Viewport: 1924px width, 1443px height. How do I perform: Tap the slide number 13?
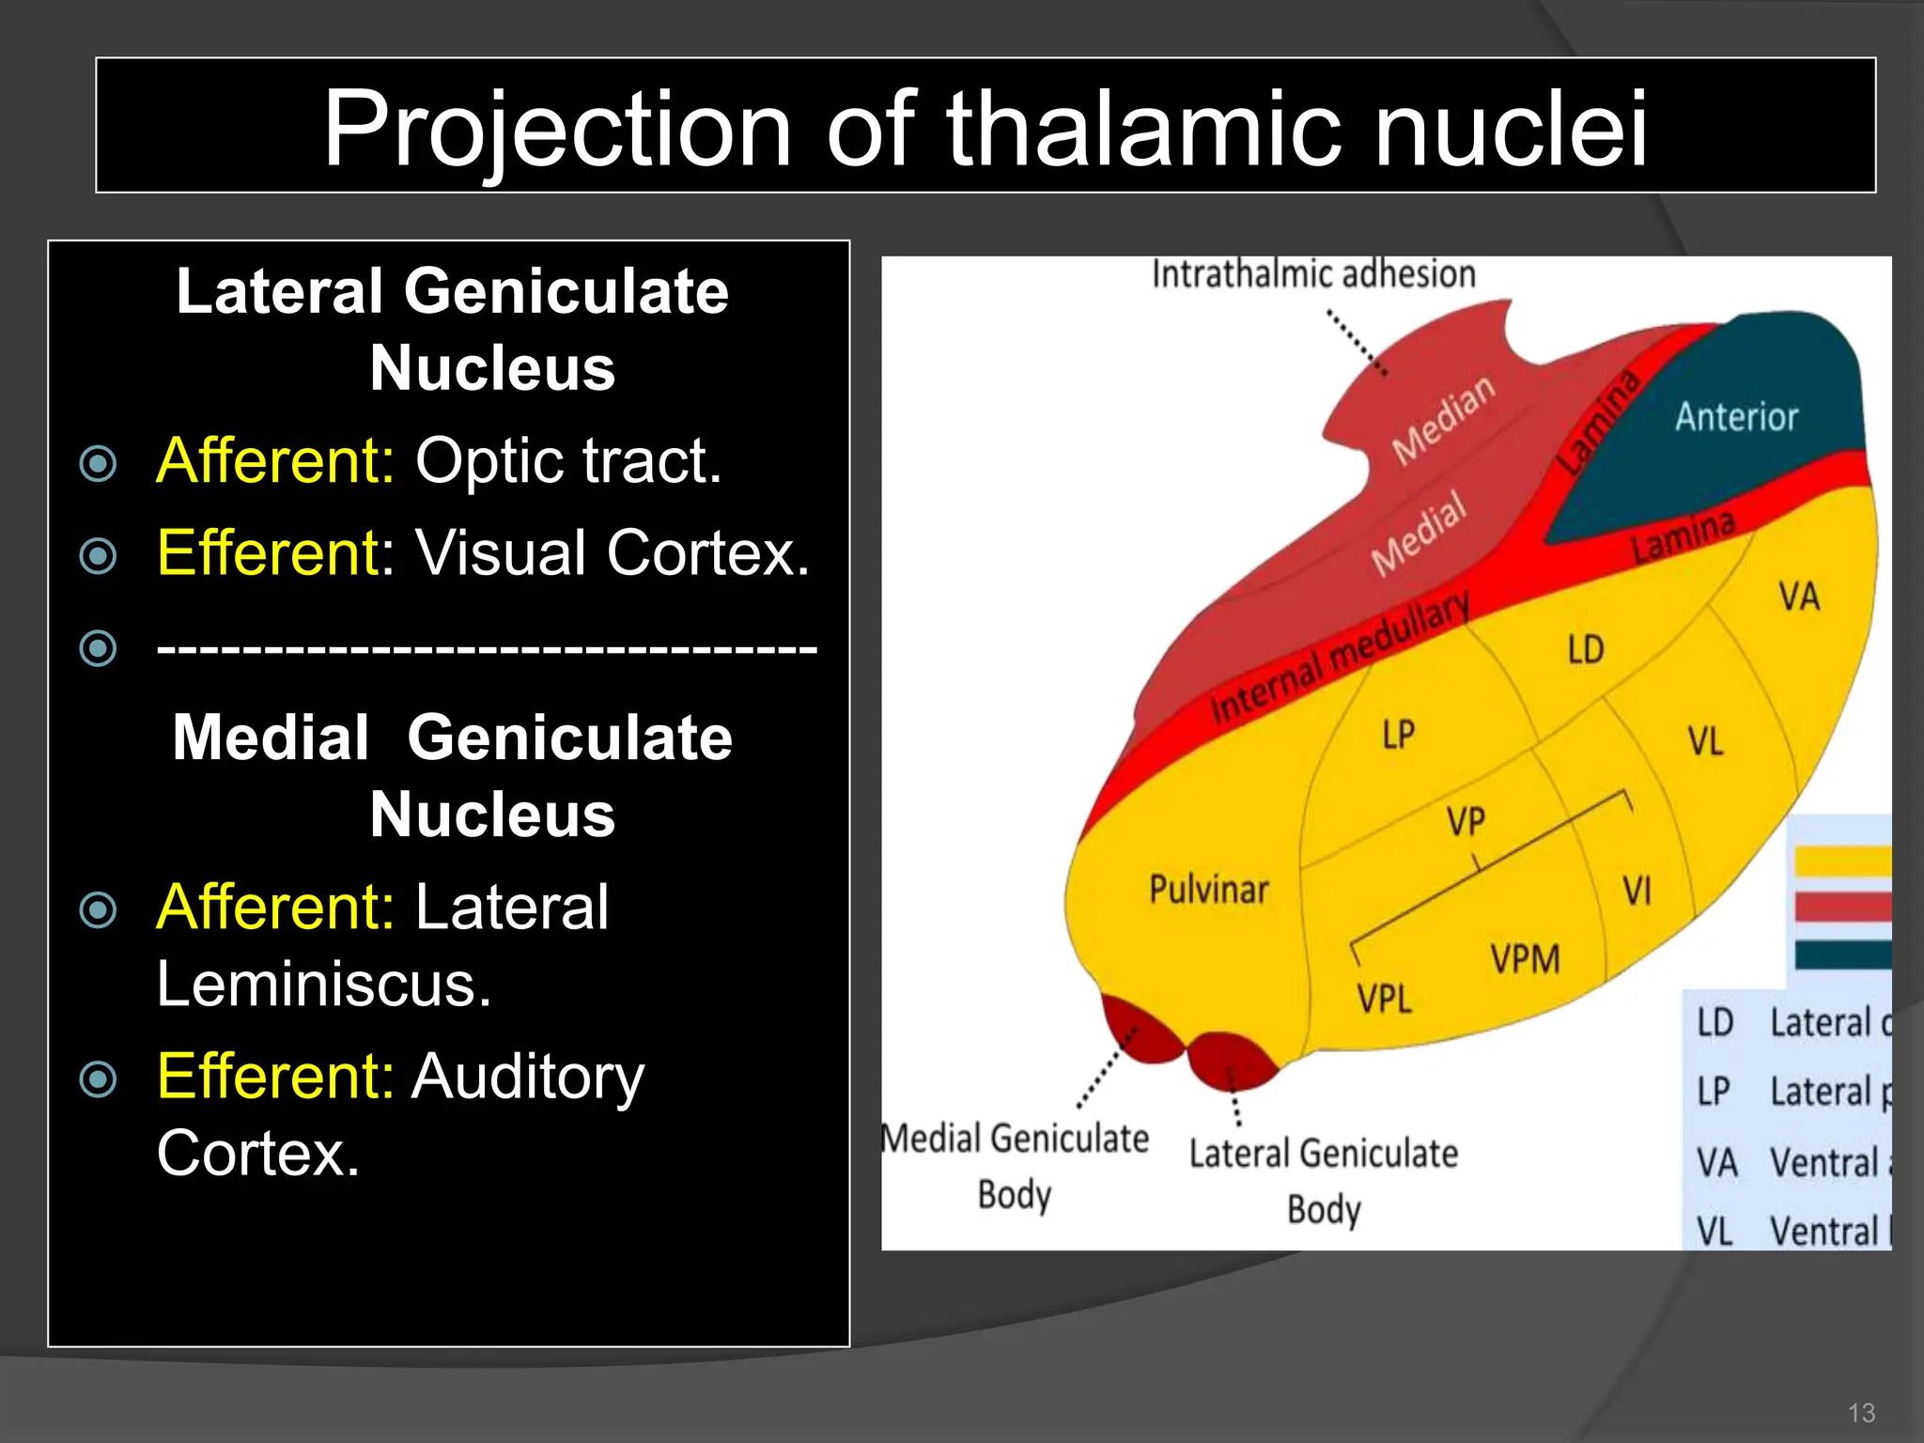[1860, 1413]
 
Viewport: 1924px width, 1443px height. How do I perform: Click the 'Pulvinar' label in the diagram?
[1208, 889]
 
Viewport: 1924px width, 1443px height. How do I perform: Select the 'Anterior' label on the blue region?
[1736, 416]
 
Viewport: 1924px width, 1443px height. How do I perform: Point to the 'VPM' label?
[1524, 959]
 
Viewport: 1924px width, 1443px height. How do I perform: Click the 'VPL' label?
[1384, 998]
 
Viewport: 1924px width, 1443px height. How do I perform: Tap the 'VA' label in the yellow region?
[1798, 597]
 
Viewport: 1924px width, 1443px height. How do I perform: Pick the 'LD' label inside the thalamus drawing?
[1586, 650]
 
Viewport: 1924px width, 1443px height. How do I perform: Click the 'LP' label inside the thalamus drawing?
[1398, 735]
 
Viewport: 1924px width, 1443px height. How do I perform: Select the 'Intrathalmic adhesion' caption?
[1313, 274]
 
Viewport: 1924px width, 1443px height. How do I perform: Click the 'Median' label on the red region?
[1443, 419]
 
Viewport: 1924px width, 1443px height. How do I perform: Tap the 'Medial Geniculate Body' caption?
[1015, 1165]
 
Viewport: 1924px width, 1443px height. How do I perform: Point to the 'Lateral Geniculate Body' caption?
[1323, 1180]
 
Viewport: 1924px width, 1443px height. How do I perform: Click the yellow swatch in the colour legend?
[1841, 861]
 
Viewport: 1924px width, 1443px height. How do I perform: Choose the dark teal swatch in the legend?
[1841, 954]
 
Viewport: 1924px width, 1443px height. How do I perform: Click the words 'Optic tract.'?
[568, 461]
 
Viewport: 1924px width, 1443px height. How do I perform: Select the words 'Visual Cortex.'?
[613, 552]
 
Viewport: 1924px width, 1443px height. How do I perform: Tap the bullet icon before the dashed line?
[99, 647]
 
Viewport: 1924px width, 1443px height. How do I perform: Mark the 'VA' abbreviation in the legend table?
[1716, 1163]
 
